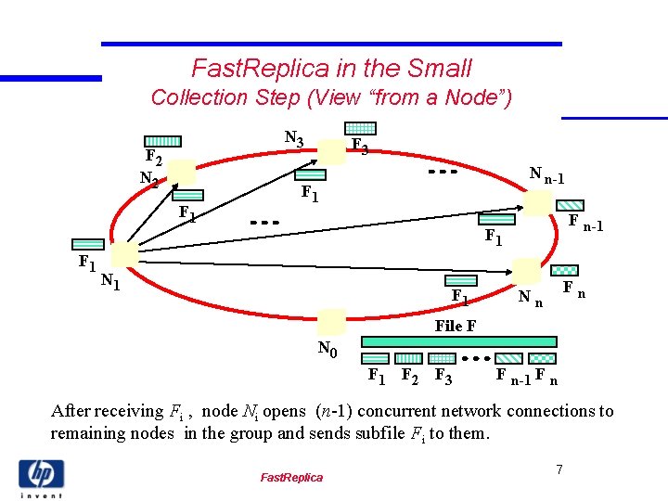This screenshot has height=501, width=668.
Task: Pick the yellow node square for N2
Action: pyautogui.click(x=182, y=172)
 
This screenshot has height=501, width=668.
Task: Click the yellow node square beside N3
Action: pyautogui.click(x=331, y=148)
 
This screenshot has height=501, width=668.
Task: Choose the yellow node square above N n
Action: pyautogui.click(x=526, y=271)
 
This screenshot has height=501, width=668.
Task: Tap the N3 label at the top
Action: pyautogui.click(x=293, y=139)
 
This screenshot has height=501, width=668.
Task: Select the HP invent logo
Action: pyautogui.click(x=41, y=477)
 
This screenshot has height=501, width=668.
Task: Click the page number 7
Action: pyautogui.click(x=559, y=470)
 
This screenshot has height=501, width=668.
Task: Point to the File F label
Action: pyautogui.click(x=456, y=326)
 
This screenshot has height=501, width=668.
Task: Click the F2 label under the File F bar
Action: pyautogui.click(x=407, y=376)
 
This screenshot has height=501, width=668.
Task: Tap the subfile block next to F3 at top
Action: pyautogui.click(x=360, y=128)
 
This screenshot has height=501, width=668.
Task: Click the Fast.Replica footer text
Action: pyautogui.click(x=291, y=477)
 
